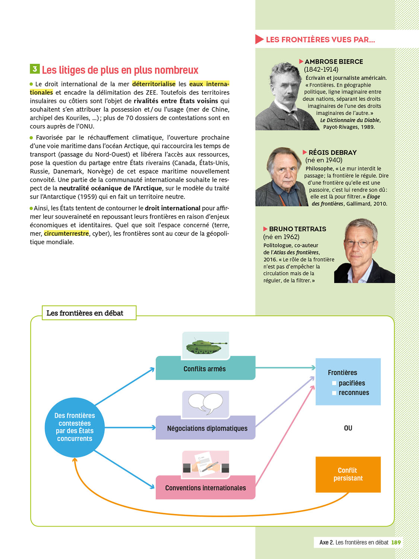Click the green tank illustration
pos(206,346)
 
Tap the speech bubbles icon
pos(206,404)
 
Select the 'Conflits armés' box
pos(205,369)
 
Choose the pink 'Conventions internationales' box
pos(205,488)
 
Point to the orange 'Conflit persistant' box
pos(348,474)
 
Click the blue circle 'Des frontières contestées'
pos(74,427)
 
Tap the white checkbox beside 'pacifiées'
pos(334,383)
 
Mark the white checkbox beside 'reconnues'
pos(334,393)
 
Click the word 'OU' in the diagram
pos(348,428)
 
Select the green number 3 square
pos(35,69)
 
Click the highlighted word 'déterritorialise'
pos(154,84)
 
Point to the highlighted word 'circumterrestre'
pos(66,234)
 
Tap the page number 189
pos(396,542)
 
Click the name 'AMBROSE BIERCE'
pos(334,61)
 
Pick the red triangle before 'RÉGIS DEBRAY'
pos(305,152)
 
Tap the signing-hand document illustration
pos(206,464)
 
